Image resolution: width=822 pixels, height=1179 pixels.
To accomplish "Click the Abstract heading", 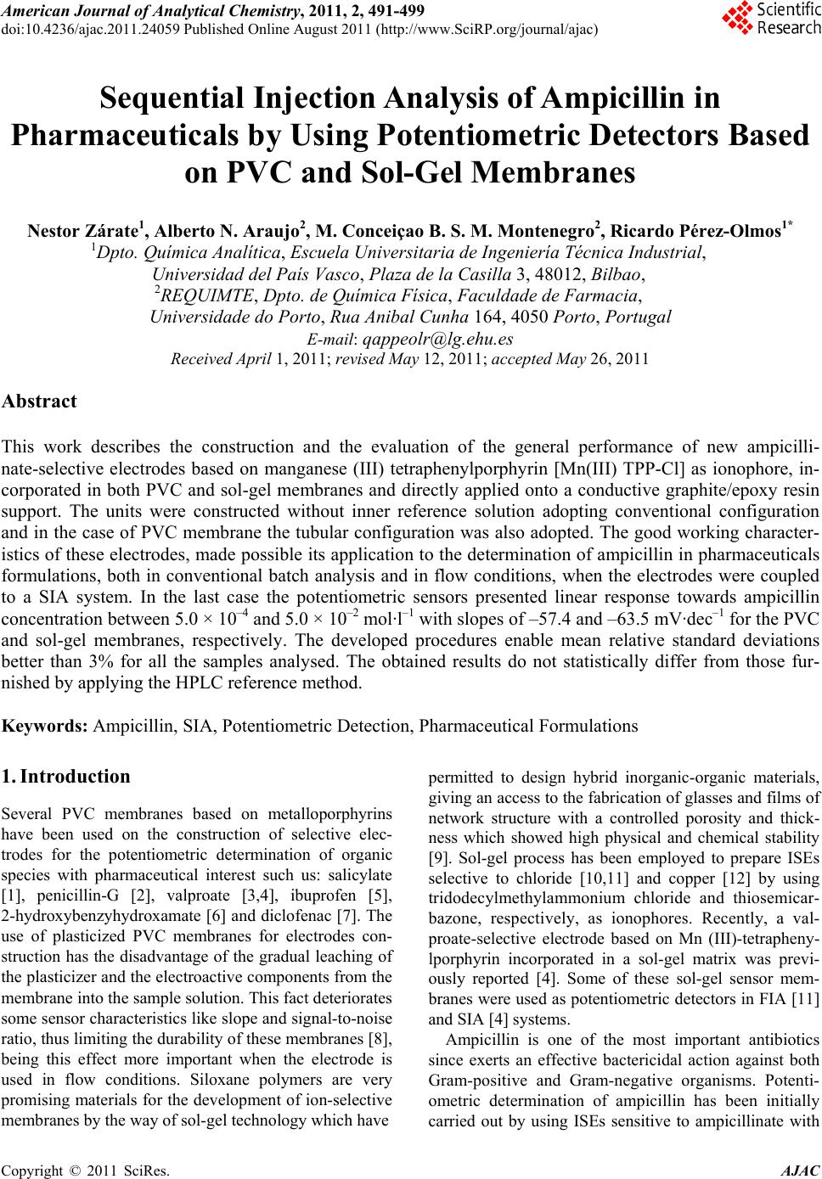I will click(39, 401).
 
